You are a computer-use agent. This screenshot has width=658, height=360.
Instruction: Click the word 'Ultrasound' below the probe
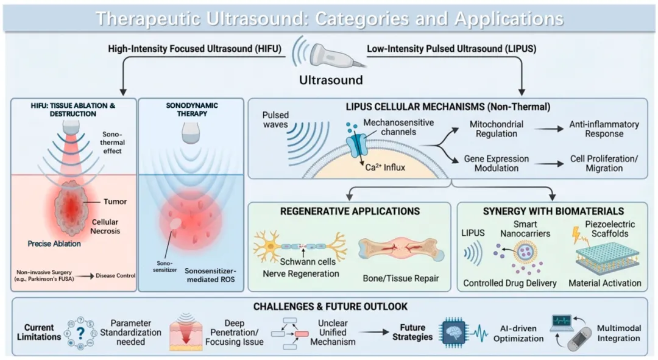click(330, 80)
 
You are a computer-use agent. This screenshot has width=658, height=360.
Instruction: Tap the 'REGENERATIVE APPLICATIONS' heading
click(350, 211)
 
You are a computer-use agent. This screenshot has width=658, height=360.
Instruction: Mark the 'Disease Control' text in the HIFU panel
click(116, 275)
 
